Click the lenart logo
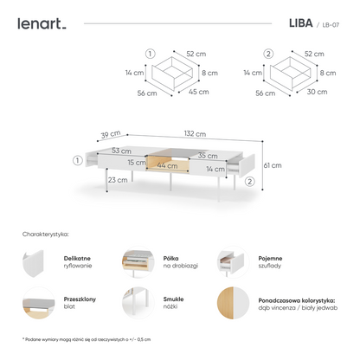[x=41, y=23]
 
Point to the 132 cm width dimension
[x=194, y=133]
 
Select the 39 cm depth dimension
[x=108, y=136]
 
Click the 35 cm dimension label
[x=207, y=154]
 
